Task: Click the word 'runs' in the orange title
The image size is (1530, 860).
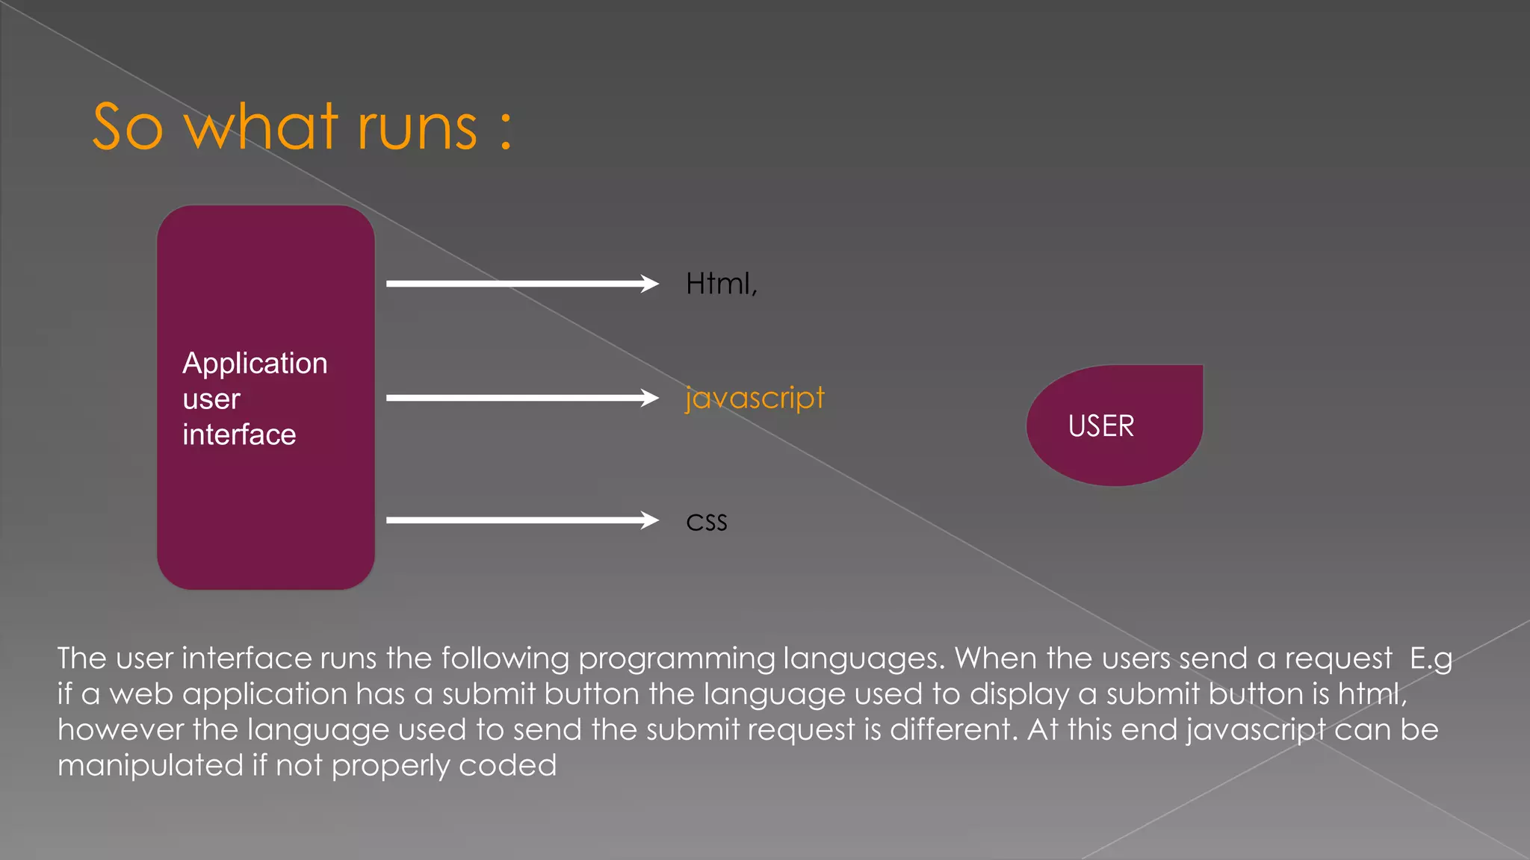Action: point(417,128)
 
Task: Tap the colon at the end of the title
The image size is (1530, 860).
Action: point(507,128)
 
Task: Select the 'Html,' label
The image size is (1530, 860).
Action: point(721,284)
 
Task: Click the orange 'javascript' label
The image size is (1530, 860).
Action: point(755,398)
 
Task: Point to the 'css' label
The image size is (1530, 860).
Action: point(706,522)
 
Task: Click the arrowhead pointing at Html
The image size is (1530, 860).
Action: point(648,284)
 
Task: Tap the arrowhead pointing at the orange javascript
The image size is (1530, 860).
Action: point(648,398)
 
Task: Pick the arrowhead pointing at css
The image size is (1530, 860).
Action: point(648,520)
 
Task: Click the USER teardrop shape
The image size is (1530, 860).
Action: point(1115,426)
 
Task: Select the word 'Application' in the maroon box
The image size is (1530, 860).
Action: point(255,364)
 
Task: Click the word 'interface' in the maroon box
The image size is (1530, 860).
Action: point(239,434)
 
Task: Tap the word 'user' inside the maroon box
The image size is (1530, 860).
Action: point(211,399)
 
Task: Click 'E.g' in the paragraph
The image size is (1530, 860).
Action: point(1431,658)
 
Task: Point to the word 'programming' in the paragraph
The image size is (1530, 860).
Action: point(675,658)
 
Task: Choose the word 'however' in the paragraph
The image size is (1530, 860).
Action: point(120,729)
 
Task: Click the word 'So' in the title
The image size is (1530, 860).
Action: point(128,128)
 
